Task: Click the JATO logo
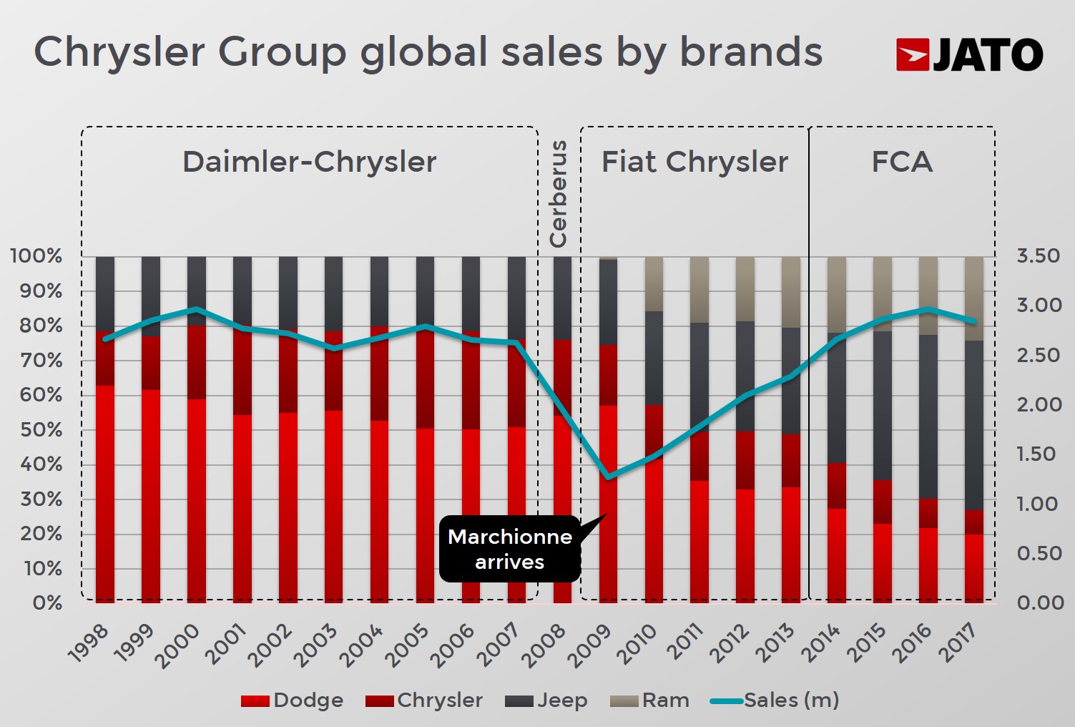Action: (x=969, y=54)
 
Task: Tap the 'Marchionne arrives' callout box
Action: (x=509, y=549)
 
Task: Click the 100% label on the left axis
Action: (x=36, y=256)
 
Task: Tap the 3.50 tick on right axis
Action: (x=1039, y=256)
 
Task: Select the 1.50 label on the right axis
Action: (x=1039, y=454)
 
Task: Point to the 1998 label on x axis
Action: (x=89, y=644)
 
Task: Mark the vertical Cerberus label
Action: (x=558, y=194)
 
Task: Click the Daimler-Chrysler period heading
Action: (x=309, y=162)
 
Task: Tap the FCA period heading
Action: (x=902, y=162)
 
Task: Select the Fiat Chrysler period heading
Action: (x=694, y=162)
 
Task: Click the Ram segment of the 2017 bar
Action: (x=973, y=298)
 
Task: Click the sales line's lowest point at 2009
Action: (x=608, y=477)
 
